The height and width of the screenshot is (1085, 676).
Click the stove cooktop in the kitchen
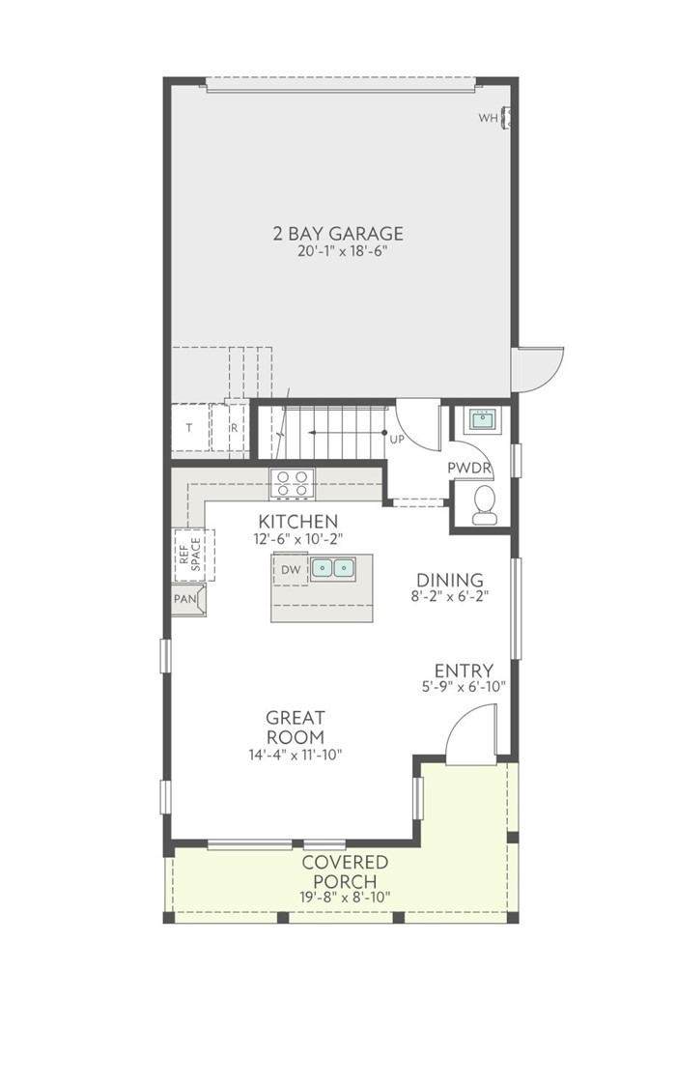coord(292,482)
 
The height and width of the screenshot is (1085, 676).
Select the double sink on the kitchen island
coord(331,568)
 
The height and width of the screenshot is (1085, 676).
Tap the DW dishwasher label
coord(291,570)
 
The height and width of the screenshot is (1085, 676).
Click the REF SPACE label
coord(188,555)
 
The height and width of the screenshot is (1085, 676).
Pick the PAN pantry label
coord(185,599)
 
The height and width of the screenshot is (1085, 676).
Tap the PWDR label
coord(470,469)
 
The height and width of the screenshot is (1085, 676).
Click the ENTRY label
coord(464,671)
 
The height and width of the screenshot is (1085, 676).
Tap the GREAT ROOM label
coord(296,728)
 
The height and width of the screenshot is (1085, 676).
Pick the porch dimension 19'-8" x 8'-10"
coord(345,897)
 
